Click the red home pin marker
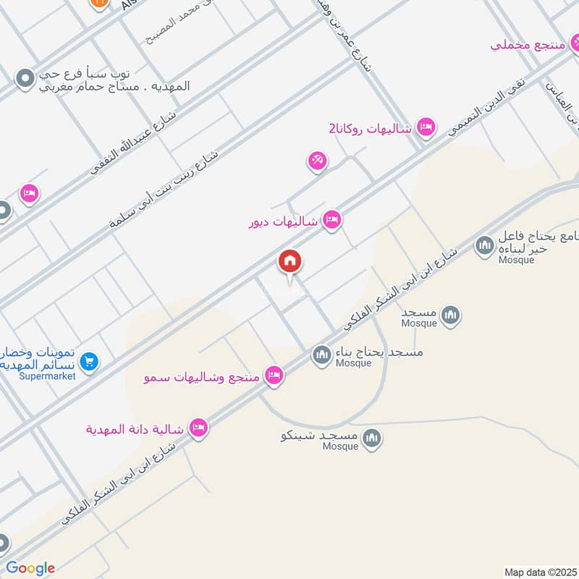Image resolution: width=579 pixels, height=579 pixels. tap(290, 262)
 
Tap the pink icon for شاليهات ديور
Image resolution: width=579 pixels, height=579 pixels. tap(332, 220)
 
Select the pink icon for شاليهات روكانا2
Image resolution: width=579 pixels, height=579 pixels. tap(426, 127)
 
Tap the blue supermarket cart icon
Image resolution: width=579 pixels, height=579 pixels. tap(89, 360)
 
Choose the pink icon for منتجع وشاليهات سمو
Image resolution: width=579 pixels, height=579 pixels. tap(274, 374)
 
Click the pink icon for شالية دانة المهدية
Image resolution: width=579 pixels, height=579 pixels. tap(198, 428)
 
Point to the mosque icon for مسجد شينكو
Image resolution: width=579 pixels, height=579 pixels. tap(371, 438)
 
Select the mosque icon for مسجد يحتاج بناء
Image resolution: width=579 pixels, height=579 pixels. tap(321, 355)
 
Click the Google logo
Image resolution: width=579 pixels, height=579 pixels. tap(30, 568)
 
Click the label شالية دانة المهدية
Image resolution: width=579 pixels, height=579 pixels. tap(135, 429)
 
